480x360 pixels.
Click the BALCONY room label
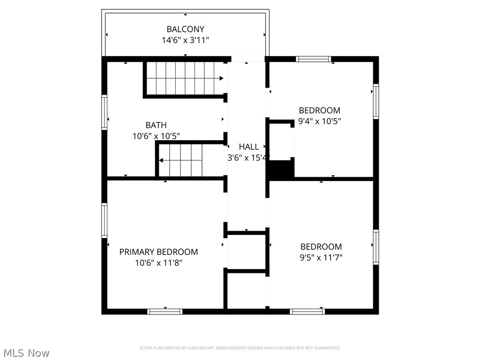coord(185,30)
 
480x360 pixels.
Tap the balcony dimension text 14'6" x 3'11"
coord(185,40)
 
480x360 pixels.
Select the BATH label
coord(156,125)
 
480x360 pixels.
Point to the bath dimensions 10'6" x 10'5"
coord(156,136)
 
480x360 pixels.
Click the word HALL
coord(248,147)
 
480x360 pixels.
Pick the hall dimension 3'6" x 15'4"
coord(248,158)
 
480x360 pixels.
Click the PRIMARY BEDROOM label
coord(158,252)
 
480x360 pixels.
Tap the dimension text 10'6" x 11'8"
coord(158,263)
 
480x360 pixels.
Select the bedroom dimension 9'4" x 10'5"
coord(319,121)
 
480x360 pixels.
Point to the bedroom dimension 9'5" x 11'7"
coord(321,257)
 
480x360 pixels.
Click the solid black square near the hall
coord(281,169)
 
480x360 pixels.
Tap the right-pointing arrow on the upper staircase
coord(221,78)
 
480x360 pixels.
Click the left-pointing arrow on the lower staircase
coord(161,161)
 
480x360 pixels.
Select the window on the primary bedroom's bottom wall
coord(165,311)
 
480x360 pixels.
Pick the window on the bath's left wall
coord(105,112)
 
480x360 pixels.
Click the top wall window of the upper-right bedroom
coord(314,59)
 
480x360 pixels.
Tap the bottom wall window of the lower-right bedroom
coord(307,311)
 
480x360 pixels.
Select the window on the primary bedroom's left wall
coord(105,220)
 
